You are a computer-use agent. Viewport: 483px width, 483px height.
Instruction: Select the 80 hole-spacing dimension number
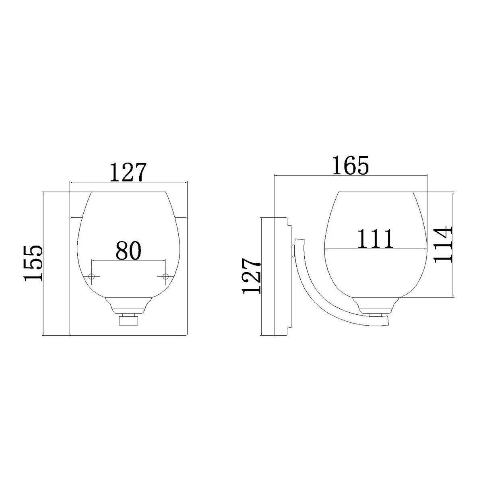tap(129, 250)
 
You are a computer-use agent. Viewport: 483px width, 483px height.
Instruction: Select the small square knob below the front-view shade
tap(128, 321)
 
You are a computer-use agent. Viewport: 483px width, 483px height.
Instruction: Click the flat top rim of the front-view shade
tap(128, 192)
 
